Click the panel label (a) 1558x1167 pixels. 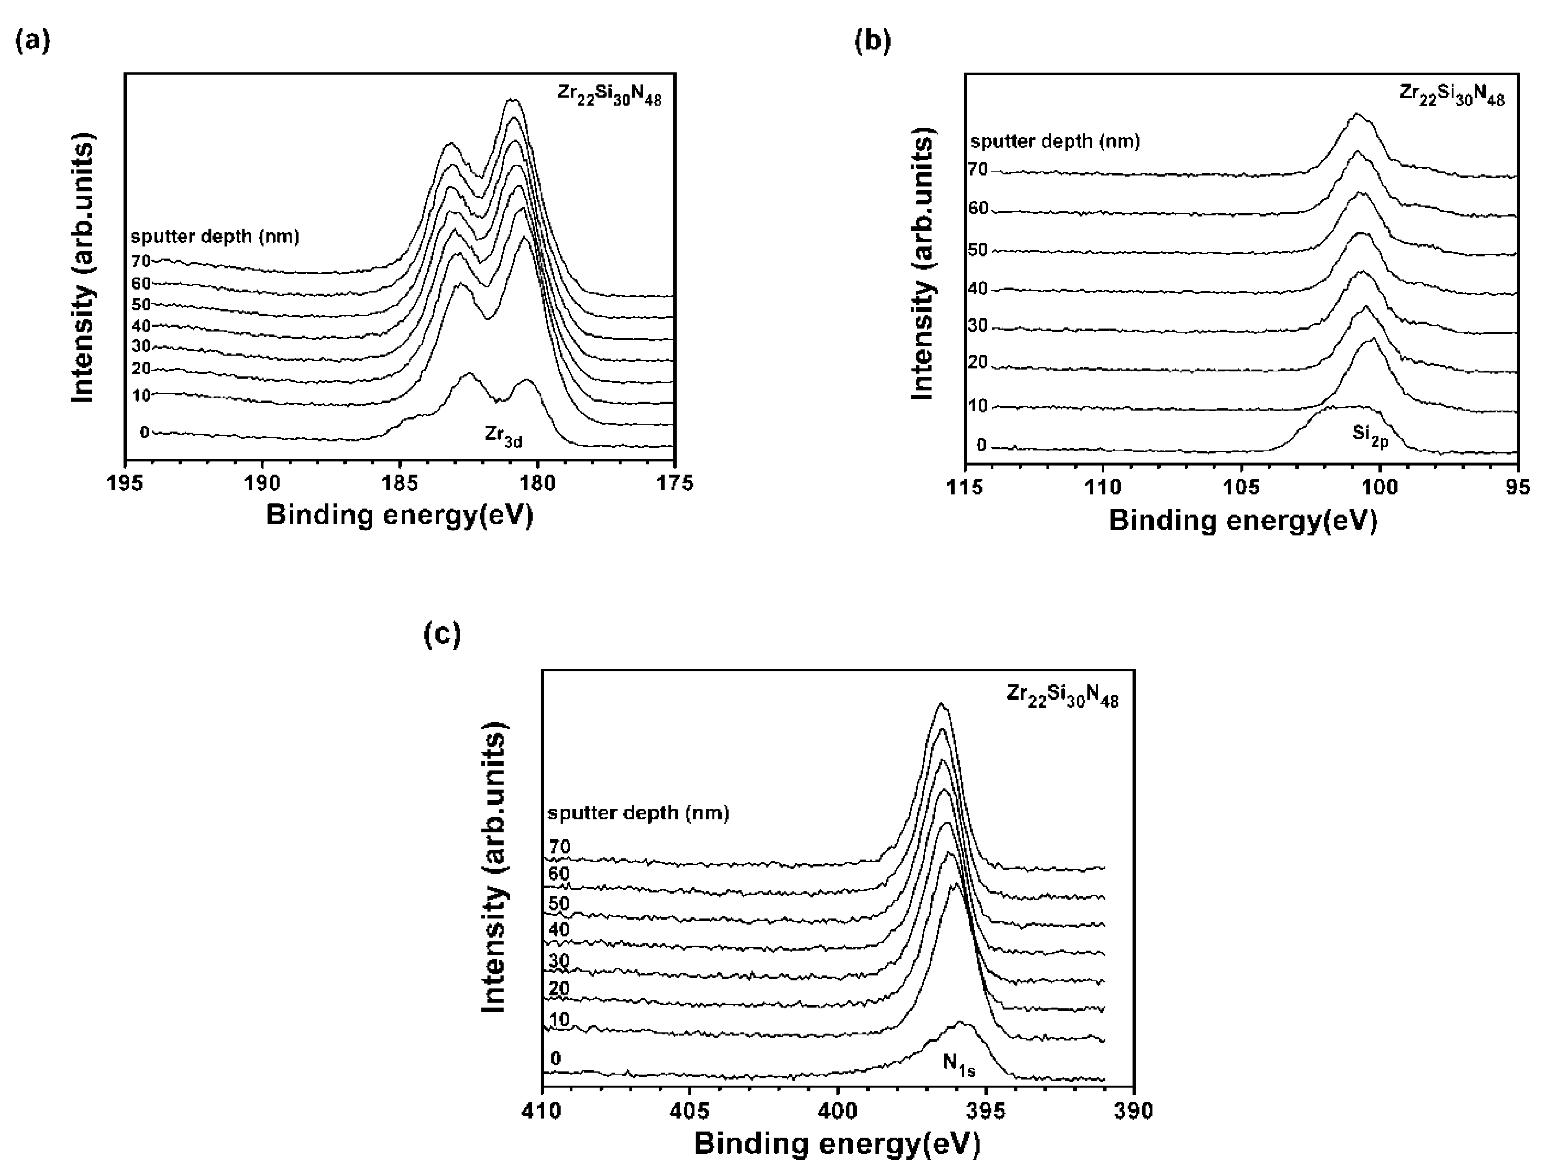tap(32, 41)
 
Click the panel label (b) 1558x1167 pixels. tap(872, 41)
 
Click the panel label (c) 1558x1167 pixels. tap(442, 635)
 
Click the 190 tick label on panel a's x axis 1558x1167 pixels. tap(262, 483)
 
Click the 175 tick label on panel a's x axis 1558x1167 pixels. tap(675, 483)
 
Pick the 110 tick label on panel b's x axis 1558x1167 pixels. tap(1103, 487)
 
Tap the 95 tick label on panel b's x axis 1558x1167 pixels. tap(1518, 487)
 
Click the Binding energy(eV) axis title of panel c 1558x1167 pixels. tap(837, 1144)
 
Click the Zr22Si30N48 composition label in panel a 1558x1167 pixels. tap(609, 95)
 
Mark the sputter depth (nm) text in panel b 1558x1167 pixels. tap(1055, 142)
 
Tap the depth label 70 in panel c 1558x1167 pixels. tap(559, 847)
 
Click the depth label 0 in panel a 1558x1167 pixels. tap(145, 432)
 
